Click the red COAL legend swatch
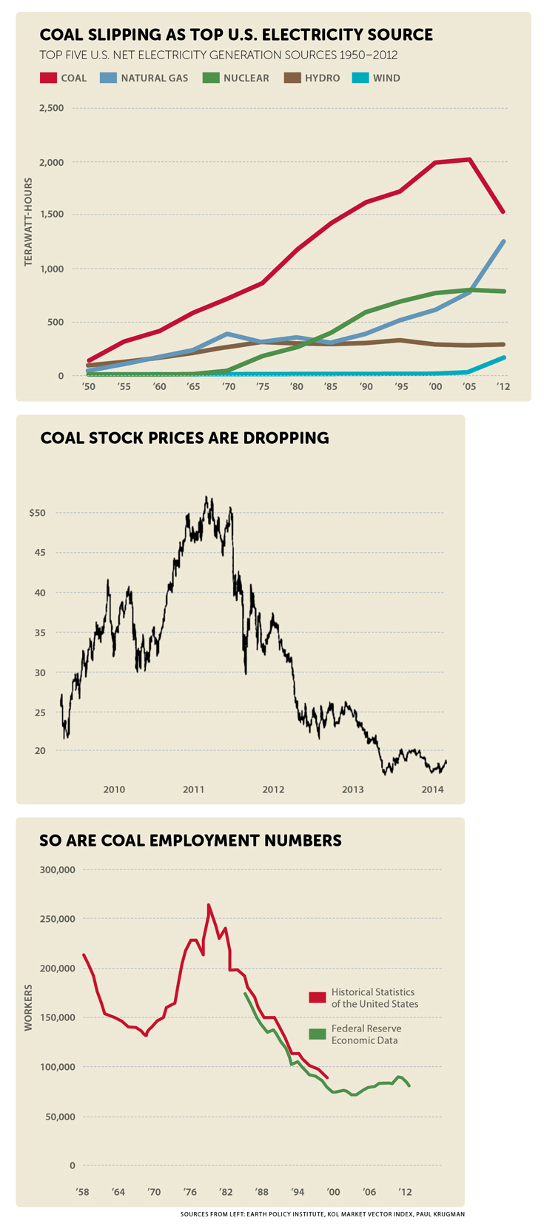pos(49,78)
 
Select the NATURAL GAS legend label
pos(154,78)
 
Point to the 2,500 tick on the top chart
pos(51,108)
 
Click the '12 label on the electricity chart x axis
pos(503,387)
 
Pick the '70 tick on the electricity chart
pos(229,387)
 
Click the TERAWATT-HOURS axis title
pos(28,222)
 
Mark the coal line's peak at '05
pos(469,159)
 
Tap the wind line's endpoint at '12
pos(504,357)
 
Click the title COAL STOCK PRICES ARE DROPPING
pos(184,438)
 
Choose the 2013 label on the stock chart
pos(353,789)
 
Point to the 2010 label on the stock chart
pos(114,789)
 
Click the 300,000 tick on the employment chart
pos(56,870)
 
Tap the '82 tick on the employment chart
pos(226,1192)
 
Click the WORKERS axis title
pos(28,1008)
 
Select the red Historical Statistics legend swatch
pos(318,997)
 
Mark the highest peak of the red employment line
pos(209,904)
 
